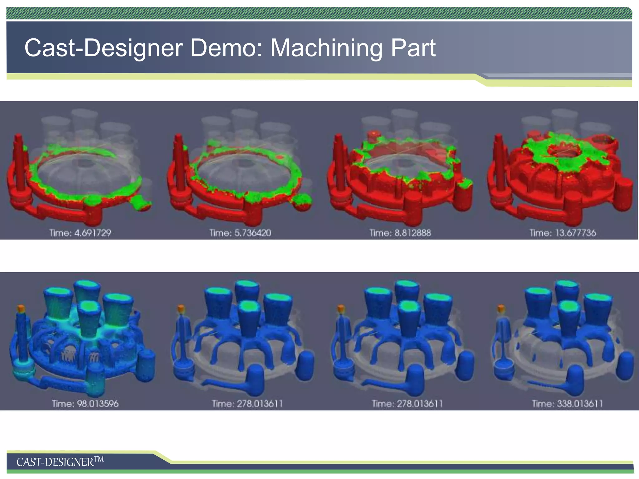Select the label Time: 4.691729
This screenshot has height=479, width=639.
tap(80, 233)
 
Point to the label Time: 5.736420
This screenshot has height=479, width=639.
tap(240, 233)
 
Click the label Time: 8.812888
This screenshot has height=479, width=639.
tap(400, 233)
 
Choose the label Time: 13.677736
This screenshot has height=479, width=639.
tap(563, 233)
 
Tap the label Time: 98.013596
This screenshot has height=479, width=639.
tap(85, 404)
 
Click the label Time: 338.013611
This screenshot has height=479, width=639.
tap(567, 404)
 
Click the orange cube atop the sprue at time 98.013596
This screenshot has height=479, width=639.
tap(21, 309)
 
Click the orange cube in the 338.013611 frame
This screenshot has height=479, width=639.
tap(501, 309)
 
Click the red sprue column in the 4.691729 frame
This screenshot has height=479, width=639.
tap(19, 162)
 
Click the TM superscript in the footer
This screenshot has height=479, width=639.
tap(99, 459)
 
